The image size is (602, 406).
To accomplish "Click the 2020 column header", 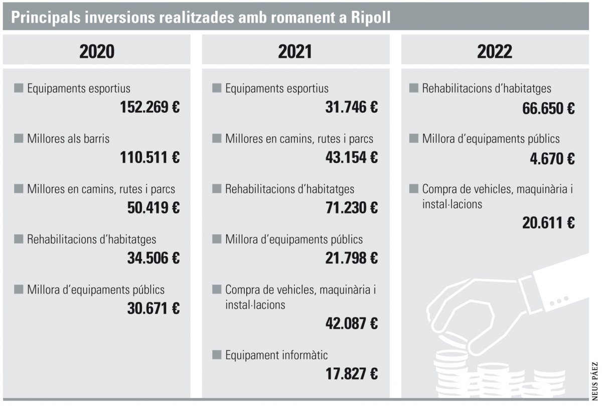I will point(97,52).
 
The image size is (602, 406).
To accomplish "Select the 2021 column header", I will point(295,52).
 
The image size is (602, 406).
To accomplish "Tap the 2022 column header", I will point(495,52).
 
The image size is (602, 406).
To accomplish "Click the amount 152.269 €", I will point(149,107).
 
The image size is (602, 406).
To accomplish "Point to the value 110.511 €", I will point(149,158).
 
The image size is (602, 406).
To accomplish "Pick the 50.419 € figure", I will point(153,208).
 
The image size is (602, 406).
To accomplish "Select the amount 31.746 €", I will point(351,107).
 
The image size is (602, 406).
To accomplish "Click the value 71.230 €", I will point(351,208).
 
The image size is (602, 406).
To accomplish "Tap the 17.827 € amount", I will point(351,374).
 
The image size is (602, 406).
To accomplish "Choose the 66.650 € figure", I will point(548,108).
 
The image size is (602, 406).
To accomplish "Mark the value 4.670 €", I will point(552,159).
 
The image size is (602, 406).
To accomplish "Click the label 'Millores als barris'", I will point(68,139).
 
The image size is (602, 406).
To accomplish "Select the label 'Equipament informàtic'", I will point(276,355).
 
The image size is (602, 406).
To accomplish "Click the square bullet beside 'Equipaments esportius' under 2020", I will point(19,89).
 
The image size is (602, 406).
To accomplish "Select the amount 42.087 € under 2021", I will point(351,324).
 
